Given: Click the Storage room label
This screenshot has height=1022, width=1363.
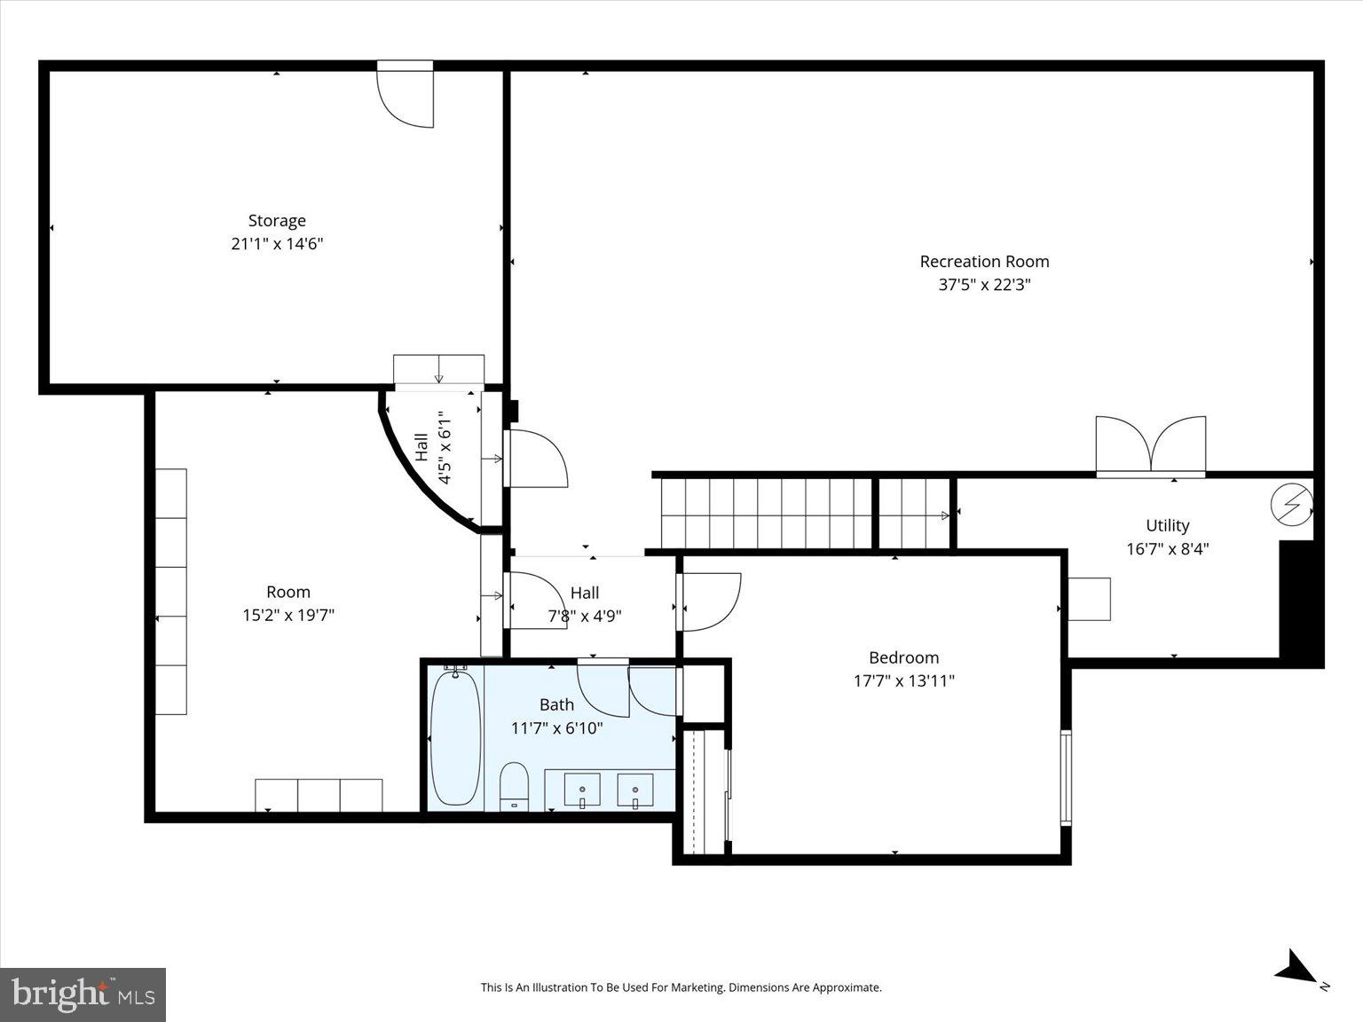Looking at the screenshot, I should (277, 221).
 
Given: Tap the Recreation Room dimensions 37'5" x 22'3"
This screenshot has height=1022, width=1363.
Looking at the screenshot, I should (984, 285).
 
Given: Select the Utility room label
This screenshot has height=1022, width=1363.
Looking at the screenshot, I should (1167, 525).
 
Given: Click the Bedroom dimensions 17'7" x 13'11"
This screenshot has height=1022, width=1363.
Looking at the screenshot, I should (903, 680).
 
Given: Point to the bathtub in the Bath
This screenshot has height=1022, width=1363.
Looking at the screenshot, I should (456, 740).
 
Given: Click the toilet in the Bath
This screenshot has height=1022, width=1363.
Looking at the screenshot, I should (515, 786).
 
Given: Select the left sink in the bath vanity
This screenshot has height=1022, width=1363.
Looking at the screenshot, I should (582, 789).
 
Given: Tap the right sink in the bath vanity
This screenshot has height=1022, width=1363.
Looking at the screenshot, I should (635, 789).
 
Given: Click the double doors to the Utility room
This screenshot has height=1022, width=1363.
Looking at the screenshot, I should (1151, 445).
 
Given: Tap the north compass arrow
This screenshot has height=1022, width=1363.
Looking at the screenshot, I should (1298, 967).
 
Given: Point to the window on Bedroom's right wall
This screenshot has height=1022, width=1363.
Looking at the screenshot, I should (1066, 778).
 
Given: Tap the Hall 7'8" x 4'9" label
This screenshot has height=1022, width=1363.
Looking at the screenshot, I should (584, 604).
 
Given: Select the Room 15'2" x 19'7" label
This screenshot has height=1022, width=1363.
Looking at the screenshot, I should (288, 603).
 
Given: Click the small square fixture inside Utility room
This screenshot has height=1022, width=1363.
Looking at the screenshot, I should (1089, 599).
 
